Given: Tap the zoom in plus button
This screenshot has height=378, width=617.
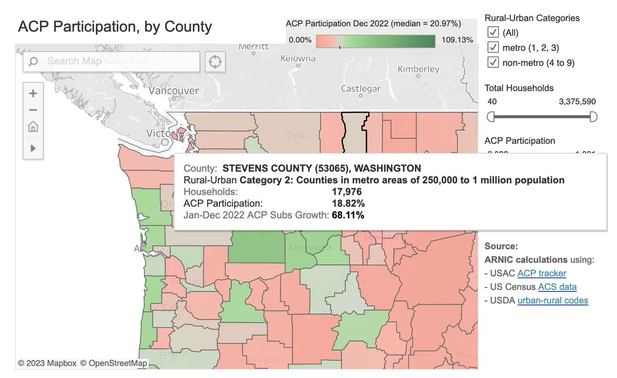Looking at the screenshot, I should (33, 94).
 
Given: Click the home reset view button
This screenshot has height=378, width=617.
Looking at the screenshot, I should (33, 127).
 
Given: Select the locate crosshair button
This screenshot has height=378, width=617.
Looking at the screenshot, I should (215, 62).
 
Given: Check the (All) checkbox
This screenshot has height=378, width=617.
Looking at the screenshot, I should (493, 33).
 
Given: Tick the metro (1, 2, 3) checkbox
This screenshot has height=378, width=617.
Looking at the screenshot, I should (493, 48).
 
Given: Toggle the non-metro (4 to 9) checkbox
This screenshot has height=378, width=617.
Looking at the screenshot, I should (493, 63).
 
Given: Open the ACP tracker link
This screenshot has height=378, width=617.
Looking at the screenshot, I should (541, 274).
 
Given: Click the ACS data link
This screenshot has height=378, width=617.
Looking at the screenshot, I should (557, 287).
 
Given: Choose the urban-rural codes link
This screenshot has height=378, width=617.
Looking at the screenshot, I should (553, 300).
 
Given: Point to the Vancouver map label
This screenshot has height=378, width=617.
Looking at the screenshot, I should (174, 91).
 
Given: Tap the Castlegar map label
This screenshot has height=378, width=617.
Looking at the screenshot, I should (361, 89).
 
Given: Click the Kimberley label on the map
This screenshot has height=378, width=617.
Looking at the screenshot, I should (419, 69).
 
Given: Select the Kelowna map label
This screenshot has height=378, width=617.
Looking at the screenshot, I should (298, 58).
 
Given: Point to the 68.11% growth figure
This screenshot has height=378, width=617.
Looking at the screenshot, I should (348, 215).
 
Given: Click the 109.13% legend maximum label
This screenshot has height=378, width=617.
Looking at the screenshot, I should (457, 40).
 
